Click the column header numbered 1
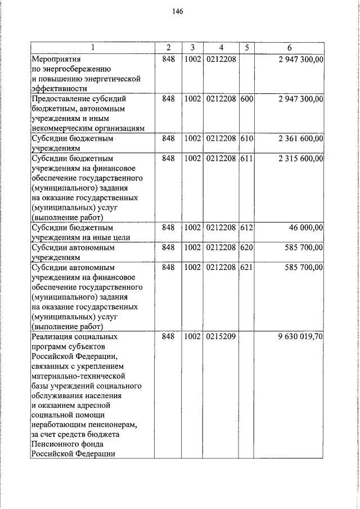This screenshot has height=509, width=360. coord(93,47)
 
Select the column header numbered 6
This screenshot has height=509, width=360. coord(289,47)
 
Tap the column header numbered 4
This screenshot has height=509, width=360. coord(221,47)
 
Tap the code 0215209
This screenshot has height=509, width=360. coord(221,336)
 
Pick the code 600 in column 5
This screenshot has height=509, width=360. coord(246,99)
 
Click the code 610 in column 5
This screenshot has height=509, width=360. coord(246,138)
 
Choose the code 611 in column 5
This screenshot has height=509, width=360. coord(246,159)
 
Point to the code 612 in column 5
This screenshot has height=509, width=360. coord(246,228)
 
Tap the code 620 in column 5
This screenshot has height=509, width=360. coord(246,247)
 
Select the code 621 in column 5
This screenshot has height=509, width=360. coord(246,268)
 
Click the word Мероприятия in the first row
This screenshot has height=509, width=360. coord(56,58)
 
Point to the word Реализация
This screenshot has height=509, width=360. coord(54,336)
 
